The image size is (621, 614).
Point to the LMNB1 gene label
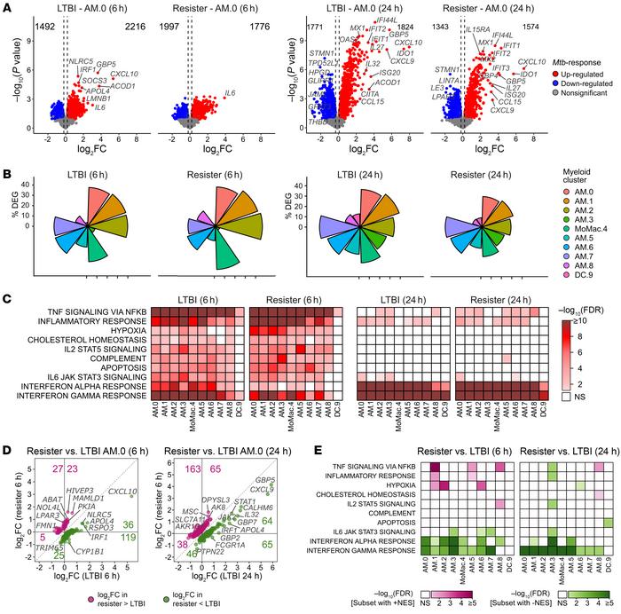coord(89,99)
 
